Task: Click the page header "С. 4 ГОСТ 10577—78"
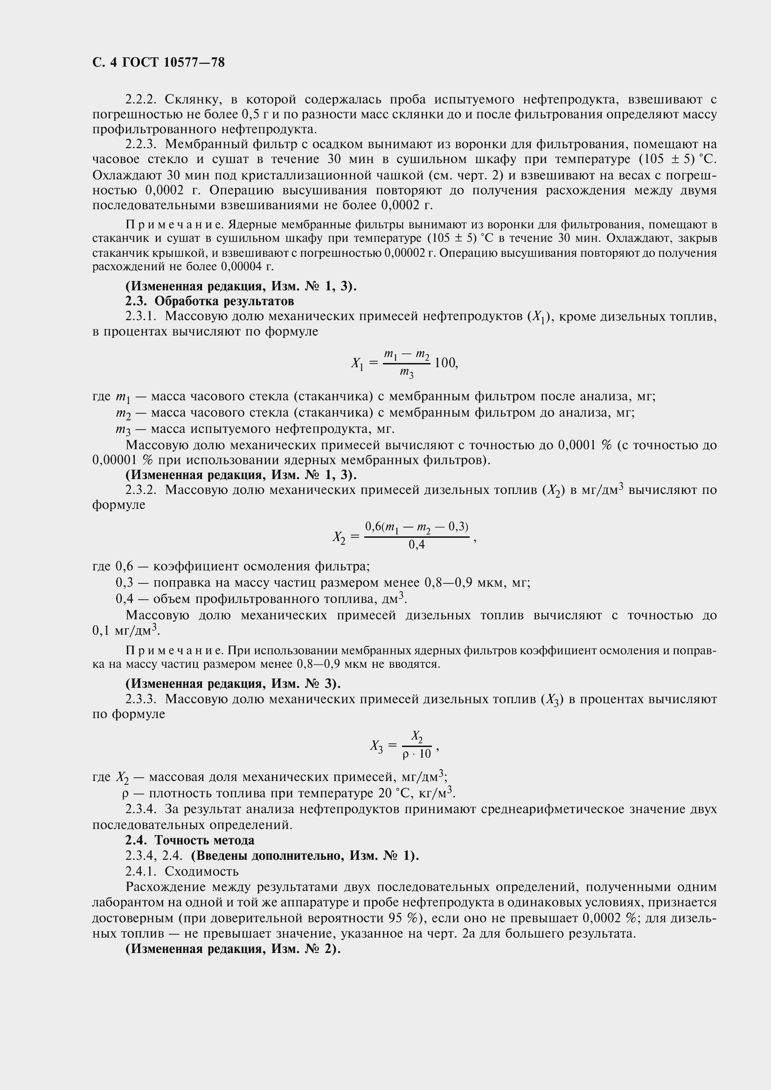click(x=158, y=62)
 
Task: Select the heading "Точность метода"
click(x=204, y=840)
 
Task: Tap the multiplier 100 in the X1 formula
click(x=445, y=363)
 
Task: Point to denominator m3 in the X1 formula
click(x=406, y=374)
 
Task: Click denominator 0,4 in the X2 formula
click(x=417, y=545)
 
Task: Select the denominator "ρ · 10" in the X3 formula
click(x=417, y=754)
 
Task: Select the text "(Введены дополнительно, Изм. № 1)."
click(x=305, y=856)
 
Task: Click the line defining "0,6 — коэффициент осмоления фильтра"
click(x=230, y=566)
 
